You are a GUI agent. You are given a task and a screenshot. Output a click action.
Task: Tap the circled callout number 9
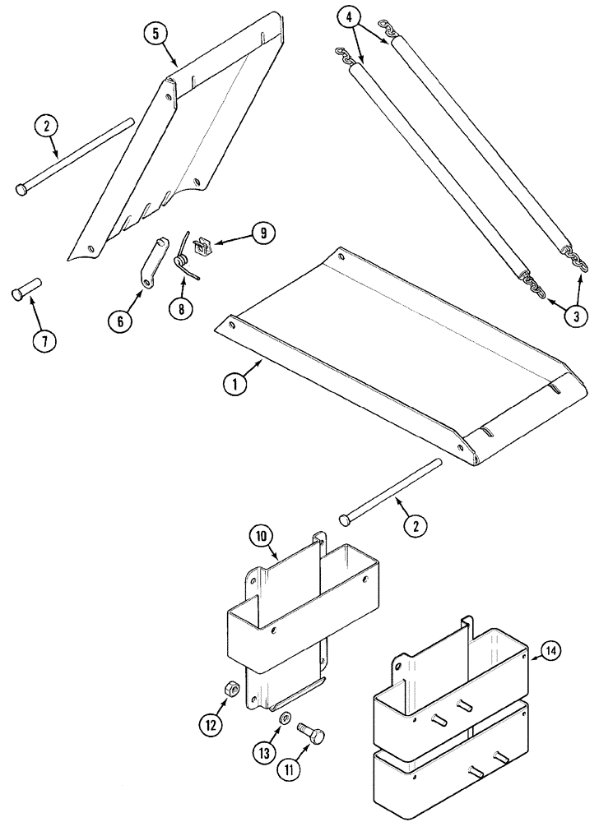(x=264, y=233)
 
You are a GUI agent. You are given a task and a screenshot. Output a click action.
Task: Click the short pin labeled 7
(x=25, y=292)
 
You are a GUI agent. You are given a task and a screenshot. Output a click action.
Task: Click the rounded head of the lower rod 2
(x=344, y=520)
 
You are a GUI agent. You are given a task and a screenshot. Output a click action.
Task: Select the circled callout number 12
(x=210, y=725)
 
